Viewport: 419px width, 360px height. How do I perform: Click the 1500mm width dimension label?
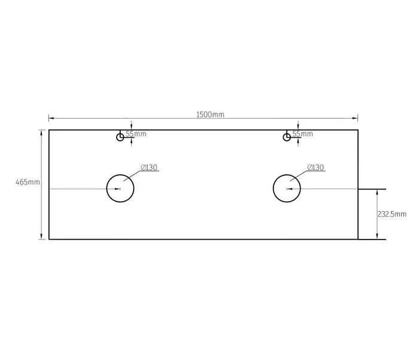coord(210,114)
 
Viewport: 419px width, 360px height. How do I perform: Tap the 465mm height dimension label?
coord(28,182)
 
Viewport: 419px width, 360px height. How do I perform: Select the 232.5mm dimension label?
coord(392,214)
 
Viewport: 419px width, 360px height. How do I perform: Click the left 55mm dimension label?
coord(136,134)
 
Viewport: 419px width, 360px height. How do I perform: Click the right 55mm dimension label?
coord(303,134)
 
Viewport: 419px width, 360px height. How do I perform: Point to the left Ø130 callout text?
coord(149,168)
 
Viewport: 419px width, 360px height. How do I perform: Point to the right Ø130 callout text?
coord(315,168)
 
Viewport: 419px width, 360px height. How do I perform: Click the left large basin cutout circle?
coord(120,189)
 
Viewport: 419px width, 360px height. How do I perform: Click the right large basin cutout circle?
coord(287,189)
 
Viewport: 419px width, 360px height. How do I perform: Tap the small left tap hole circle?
coord(120,137)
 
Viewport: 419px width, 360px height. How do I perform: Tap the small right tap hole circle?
coord(287,137)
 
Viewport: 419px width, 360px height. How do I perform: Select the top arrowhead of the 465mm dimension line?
coord(41,132)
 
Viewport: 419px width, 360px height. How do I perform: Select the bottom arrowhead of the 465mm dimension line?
coord(41,237)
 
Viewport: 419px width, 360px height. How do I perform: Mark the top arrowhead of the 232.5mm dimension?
coord(377,191)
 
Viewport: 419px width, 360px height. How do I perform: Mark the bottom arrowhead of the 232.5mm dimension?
coord(377,237)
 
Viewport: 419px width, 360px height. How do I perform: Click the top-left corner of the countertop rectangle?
coord(49,130)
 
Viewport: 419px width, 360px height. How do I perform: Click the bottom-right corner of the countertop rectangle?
coord(358,239)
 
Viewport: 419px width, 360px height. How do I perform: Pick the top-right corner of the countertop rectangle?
coord(358,130)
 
